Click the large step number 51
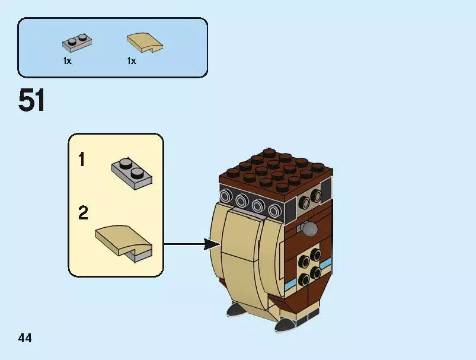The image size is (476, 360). [x=32, y=101]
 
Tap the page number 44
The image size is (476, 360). [x=25, y=339]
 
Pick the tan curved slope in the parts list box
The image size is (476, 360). [x=145, y=42]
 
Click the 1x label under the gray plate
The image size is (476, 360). [x=68, y=61]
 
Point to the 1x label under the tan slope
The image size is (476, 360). [x=132, y=61]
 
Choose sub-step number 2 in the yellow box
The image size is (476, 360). [x=83, y=213]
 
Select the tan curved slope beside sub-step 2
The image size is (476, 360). [x=123, y=240]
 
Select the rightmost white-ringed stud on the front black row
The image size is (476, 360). [x=273, y=211]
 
